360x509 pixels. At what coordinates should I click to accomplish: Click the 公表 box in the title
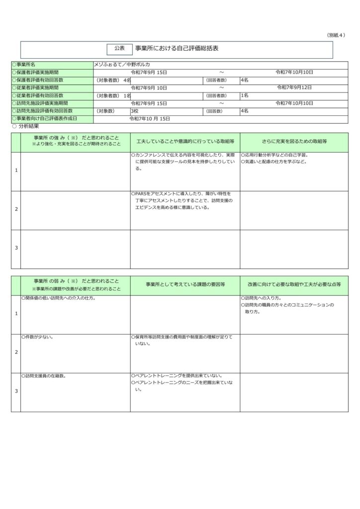pos(119,49)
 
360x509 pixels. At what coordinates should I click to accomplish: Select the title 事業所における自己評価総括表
pos(177,49)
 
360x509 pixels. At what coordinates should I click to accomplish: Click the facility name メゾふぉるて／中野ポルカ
pos(122,65)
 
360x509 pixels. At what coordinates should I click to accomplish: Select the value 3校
pos(135,111)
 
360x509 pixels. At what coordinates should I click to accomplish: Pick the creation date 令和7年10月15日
pos(150,119)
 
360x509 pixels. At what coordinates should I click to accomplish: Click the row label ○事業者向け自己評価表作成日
pos(45,119)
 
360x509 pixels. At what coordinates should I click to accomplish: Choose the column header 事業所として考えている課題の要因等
pos(185,285)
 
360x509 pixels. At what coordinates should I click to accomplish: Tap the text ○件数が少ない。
pos(37,337)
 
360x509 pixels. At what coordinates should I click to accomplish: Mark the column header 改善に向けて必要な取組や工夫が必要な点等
pos(294,285)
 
